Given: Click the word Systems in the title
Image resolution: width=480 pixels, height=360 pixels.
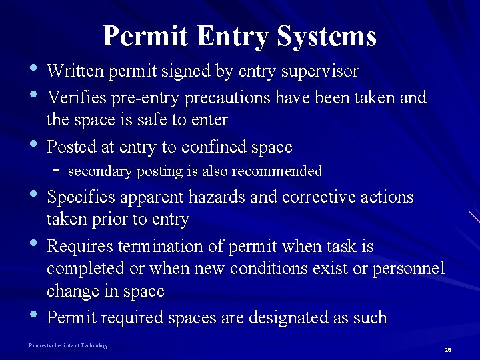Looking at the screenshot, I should click(x=327, y=37).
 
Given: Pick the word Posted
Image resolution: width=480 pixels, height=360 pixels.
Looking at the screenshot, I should click(x=70, y=147).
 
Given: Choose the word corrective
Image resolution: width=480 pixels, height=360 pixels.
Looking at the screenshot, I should click(x=320, y=197).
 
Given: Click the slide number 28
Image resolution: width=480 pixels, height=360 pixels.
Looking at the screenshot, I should click(x=448, y=350).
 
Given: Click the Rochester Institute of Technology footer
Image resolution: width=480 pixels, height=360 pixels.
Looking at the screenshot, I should click(x=68, y=345).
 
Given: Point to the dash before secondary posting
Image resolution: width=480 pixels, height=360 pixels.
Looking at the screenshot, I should click(x=57, y=170).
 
